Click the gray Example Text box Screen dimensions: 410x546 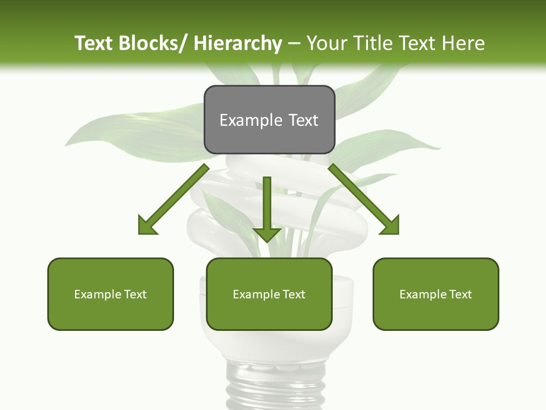269,120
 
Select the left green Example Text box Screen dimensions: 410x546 110,294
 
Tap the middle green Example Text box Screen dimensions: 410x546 269,294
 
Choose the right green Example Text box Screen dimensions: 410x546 436,294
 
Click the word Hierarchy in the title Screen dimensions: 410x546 238,43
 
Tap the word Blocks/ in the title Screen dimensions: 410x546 153,43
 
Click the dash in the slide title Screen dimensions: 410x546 294,44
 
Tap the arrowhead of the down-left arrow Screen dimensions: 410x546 147,225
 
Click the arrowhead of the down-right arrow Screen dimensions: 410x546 390,225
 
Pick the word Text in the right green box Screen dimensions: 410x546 460,294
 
